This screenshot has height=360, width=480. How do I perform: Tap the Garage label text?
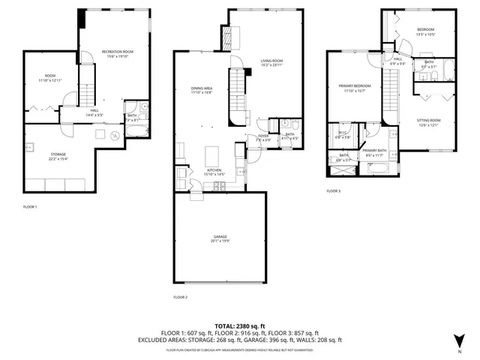(x=220, y=238)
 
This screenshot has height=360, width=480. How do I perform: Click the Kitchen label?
(x=215, y=171)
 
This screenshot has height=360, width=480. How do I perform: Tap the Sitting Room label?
(x=430, y=120)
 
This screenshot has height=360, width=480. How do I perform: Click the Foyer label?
(x=263, y=136)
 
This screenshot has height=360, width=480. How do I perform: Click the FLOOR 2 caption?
(x=180, y=298)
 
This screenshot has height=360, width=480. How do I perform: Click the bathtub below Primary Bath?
(x=376, y=169)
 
